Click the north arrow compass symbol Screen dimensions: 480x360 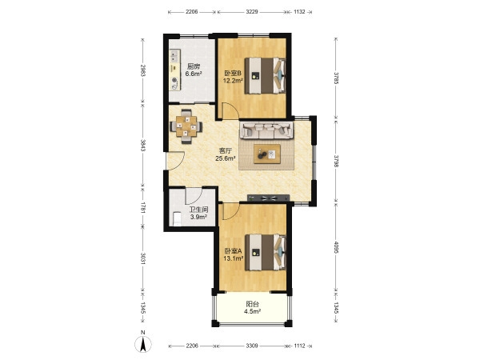(x=143, y=344)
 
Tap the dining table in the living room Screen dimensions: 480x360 (x=186, y=126)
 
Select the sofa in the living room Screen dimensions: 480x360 (x=266, y=130)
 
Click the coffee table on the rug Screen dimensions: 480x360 (x=267, y=154)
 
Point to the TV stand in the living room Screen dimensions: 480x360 (x=268, y=198)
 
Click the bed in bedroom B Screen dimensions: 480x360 (x=265, y=76)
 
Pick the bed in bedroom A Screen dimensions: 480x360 (x=265, y=253)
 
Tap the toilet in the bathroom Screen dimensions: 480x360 (x=177, y=219)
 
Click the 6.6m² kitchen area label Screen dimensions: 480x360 (x=194, y=74)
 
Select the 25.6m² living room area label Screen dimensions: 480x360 (x=226, y=158)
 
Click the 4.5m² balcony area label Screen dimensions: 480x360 (x=252, y=312)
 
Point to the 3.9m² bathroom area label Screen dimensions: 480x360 (x=198, y=217)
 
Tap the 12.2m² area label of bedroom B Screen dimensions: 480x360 (x=233, y=81)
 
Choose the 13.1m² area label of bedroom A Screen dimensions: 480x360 (x=234, y=258)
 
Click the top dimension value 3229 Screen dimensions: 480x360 (x=252, y=12)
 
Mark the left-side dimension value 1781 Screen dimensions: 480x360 (x=143, y=207)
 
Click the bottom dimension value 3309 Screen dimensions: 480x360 (x=252, y=346)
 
